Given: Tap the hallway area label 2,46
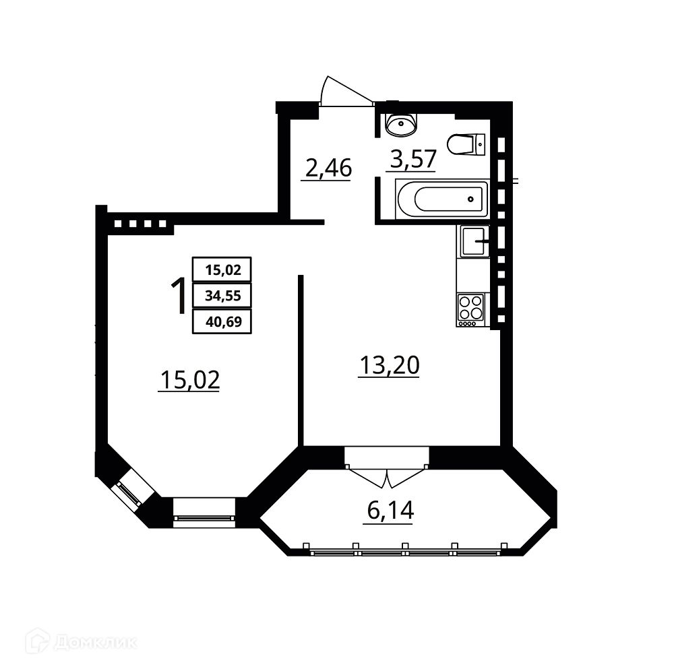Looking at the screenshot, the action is click(x=328, y=168).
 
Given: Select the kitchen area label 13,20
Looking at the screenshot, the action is click(x=390, y=365).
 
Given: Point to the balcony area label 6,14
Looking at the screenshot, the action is click(x=390, y=510).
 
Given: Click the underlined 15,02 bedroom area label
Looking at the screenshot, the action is click(x=189, y=380).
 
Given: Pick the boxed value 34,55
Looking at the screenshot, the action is click(x=222, y=296).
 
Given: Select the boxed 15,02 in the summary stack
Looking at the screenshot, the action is click(x=222, y=269).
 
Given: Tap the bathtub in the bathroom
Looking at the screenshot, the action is click(x=442, y=199).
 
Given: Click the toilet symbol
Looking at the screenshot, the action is click(x=466, y=144).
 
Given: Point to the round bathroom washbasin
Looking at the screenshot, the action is click(x=401, y=125).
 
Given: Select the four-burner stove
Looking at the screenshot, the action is click(x=470, y=309).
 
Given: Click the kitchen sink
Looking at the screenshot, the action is click(x=473, y=241).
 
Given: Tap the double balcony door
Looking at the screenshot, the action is click(x=387, y=476).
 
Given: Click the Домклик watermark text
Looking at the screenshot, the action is click(x=96, y=643).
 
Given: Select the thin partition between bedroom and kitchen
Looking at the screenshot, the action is click(x=301, y=360).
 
